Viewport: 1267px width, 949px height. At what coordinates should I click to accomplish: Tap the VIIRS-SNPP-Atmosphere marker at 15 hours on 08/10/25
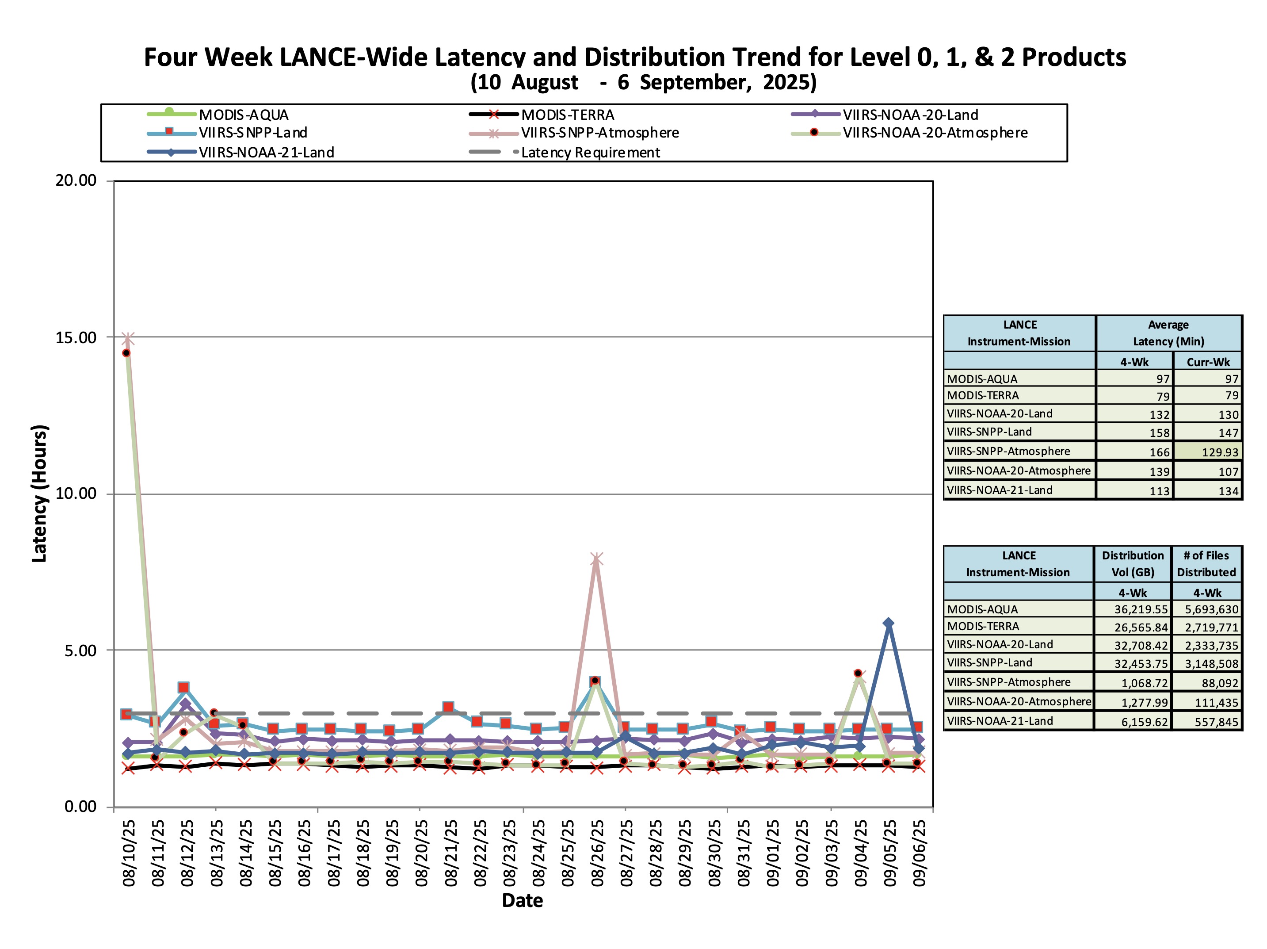point(128,338)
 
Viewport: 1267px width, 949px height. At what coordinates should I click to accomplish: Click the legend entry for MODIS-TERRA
point(567,115)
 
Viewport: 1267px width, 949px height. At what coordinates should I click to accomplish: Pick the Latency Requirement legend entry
point(590,153)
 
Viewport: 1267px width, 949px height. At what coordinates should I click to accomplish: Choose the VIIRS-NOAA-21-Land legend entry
point(266,153)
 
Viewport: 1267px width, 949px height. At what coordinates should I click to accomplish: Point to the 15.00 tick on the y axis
point(76,337)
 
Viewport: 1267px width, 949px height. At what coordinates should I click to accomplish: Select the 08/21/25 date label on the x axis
point(451,853)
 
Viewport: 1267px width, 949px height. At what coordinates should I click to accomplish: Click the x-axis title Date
point(523,900)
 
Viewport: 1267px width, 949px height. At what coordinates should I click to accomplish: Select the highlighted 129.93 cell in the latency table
point(1219,452)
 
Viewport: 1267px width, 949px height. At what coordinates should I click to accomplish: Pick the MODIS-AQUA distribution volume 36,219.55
point(1141,610)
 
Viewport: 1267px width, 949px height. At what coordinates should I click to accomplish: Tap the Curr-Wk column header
point(1208,362)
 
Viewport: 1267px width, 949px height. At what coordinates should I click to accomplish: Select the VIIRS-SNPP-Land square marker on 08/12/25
point(183,688)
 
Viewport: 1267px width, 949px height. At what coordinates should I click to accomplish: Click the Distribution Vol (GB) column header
point(1133,564)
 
